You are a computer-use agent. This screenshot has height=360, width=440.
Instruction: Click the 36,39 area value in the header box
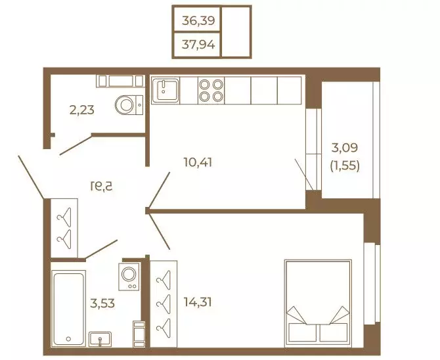[x=198, y=21]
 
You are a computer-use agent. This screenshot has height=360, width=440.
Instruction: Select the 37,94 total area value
[x=198, y=45]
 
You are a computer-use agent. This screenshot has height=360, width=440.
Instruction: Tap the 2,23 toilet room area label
[x=82, y=110]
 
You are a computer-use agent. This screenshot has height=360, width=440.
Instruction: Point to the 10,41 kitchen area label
[x=198, y=162]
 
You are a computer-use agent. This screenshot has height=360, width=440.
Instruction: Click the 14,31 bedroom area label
[x=198, y=302]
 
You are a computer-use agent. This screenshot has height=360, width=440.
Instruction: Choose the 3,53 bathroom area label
[x=102, y=303]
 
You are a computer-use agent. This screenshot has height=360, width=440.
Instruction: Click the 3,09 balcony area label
[x=345, y=148]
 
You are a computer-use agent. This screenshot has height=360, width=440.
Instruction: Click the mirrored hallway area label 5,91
[x=101, y=186]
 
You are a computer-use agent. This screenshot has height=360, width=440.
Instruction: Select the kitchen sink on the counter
[x=165, y=90]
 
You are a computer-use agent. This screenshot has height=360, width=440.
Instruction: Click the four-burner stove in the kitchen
[x=211, y=90]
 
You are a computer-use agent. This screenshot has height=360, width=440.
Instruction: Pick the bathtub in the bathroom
[x=68, y=308]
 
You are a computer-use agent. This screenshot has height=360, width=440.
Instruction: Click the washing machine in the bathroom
[x=129, y=277]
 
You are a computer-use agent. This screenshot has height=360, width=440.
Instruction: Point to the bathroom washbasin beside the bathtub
[x=100, y=339]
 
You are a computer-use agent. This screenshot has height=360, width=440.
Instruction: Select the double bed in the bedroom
[x=318, y=303]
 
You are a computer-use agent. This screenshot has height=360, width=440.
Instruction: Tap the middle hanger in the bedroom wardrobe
[x=164, y=304]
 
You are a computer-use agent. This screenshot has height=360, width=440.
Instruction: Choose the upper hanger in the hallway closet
[x=64, y=217]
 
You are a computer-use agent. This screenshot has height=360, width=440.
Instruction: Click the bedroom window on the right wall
[x=372, y=284]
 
